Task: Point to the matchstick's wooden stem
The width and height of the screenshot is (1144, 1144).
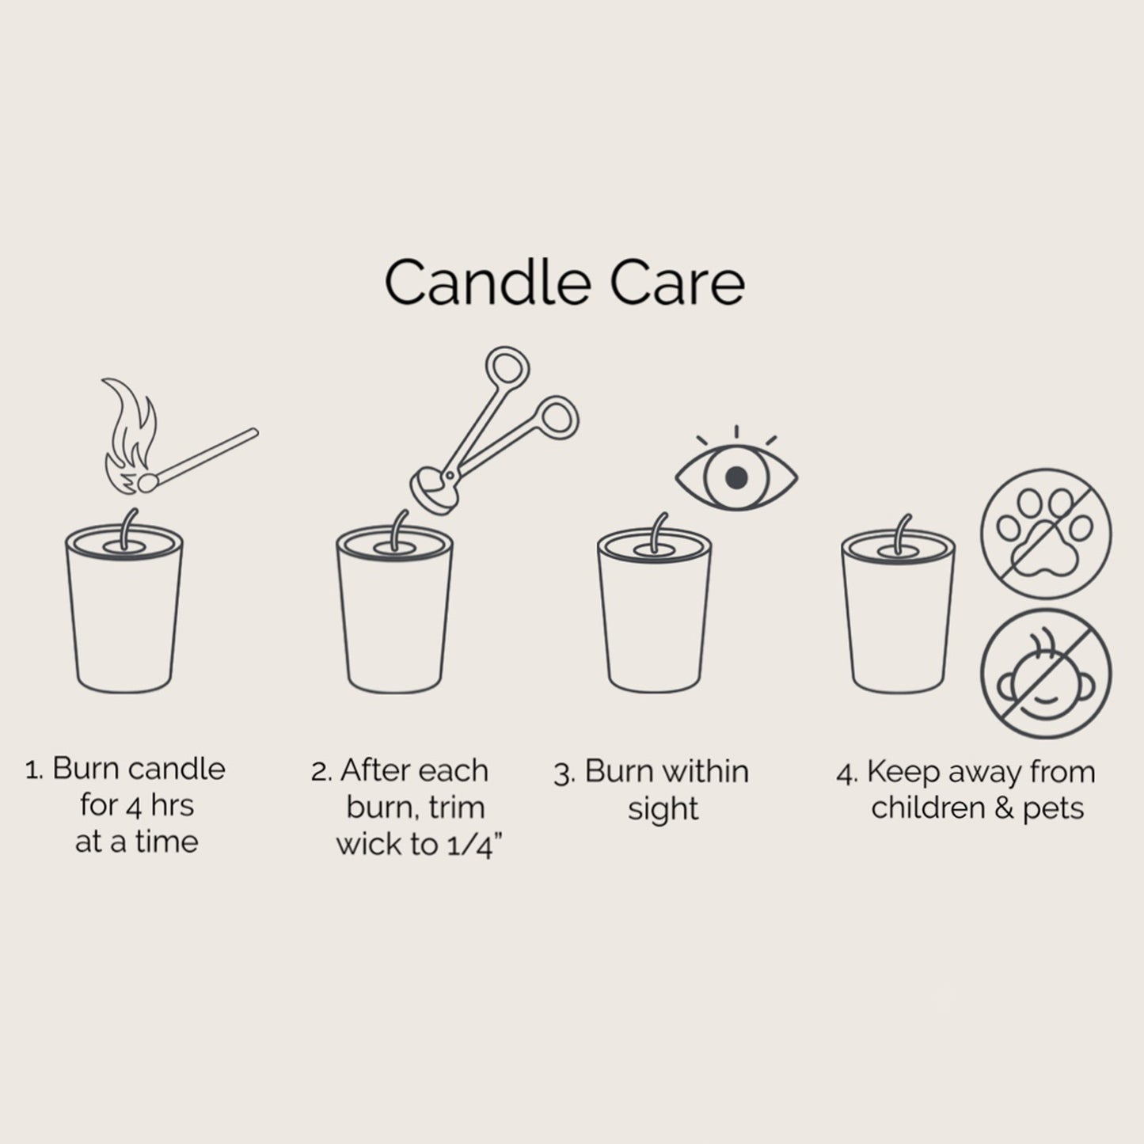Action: [210, 455]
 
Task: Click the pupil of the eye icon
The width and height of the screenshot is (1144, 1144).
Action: [736, 476]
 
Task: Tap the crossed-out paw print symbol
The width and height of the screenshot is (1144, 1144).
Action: [1046, 535]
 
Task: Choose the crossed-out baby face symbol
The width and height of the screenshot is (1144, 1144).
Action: [1046, 675]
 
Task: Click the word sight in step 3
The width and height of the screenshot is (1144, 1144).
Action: [663, 809]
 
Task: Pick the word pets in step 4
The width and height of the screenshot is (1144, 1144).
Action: [1052, 809]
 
